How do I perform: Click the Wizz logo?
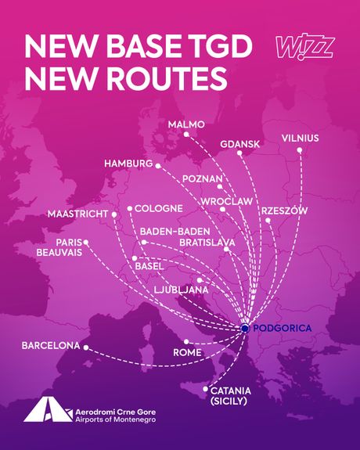pos(305,48)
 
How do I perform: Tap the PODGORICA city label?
pos(283,328)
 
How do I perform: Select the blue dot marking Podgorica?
pos(245,329)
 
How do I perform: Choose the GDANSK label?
pos(238,145)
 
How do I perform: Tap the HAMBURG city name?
pos(128,164)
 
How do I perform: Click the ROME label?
pos(187,354)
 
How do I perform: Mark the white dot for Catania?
pos(205,389)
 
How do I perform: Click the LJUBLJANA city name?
pos(181,290)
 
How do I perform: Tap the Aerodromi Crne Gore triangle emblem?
pos(38,410)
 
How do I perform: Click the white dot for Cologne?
pos(129,209)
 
